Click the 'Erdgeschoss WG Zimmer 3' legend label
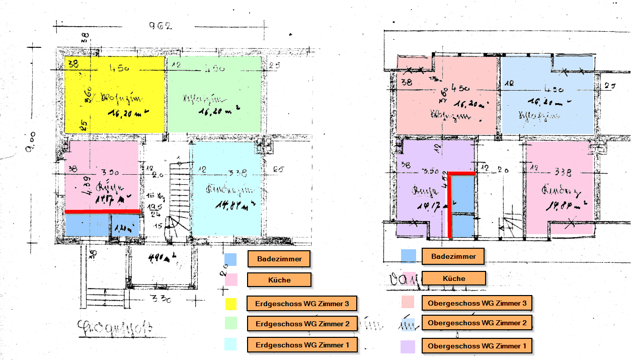302,304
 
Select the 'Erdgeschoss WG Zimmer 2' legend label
302,323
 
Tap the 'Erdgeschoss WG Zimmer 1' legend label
302,345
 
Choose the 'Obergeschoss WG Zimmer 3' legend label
477,303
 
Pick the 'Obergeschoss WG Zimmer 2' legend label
477,322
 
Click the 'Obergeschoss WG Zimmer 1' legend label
477,346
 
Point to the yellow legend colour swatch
231,303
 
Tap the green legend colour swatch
231,323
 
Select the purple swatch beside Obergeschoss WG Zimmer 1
407,346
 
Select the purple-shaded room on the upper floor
423,186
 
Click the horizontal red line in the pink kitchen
103,211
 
